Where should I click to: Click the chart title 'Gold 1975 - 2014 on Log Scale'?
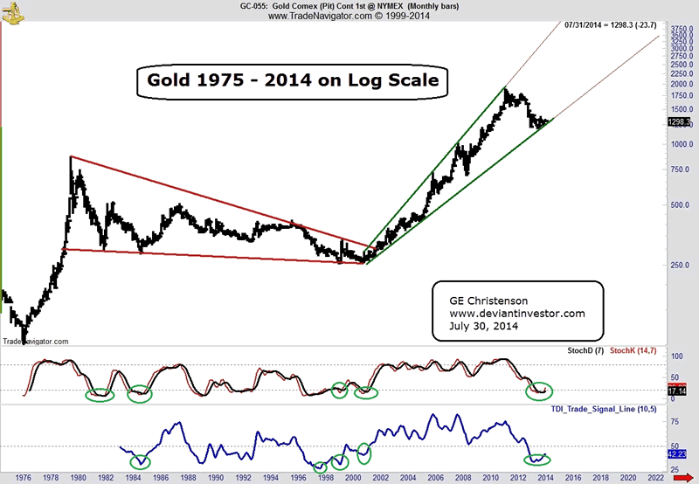coord(293,82)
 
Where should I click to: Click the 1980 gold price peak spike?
coord(71,159)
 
